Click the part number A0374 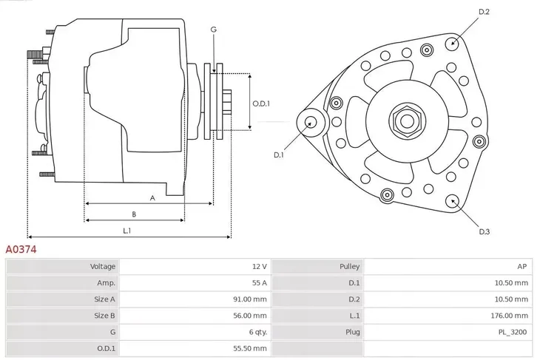(21, 250)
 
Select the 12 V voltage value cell (259, 266)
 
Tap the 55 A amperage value (259, 282)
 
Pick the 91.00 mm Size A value (252, 299)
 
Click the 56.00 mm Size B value (252, 315)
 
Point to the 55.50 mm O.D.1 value (252, 347)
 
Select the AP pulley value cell (522, 266)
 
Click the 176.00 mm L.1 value (511, 315)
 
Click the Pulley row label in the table (350, 266)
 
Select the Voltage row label (103, 266)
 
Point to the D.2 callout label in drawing (485, 12)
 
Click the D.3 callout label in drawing (485, 232)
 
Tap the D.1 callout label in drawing (279, 154)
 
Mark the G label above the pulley (213, 30)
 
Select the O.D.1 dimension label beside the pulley (261, 103)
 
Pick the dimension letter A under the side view (152, 197)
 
